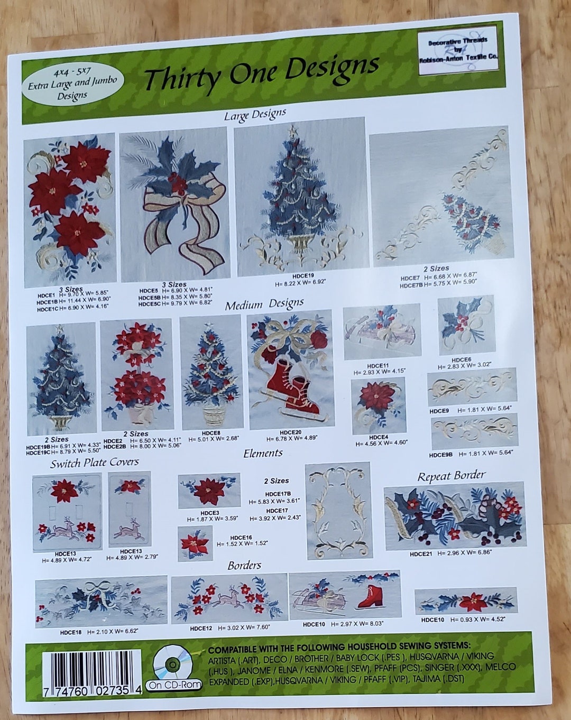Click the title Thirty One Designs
[261, 72]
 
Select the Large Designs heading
[255, 114]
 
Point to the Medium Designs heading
[264, 304]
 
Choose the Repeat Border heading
[451, 475]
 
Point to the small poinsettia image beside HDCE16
[195, 543]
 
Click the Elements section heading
[263, 453]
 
